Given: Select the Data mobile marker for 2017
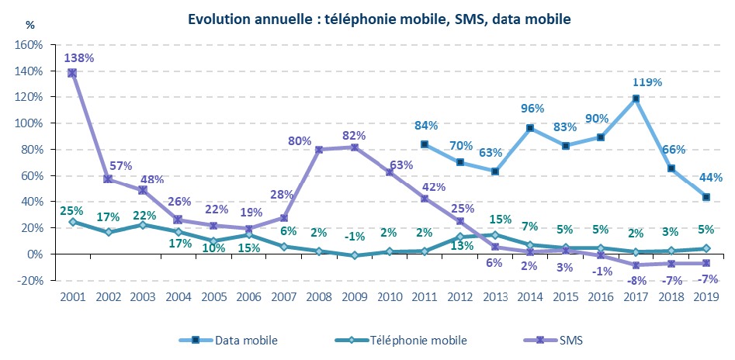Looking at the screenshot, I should coord(636,99).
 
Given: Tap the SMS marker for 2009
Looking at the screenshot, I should coord(354,147).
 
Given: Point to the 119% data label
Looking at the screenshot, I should coord(647,81).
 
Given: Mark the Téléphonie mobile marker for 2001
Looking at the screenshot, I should coord(72,222).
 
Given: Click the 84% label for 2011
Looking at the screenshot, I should coord(426,126).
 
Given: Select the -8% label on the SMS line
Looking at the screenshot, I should coord(636,281).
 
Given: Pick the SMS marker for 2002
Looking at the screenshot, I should coord(108,179).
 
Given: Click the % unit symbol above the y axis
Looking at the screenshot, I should coord(30,24).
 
